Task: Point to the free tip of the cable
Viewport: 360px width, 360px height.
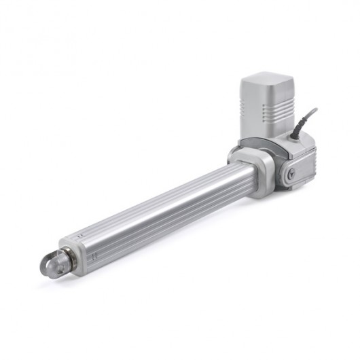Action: click(314, 110)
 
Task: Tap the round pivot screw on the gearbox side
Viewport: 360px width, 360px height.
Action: click(291, 175)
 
